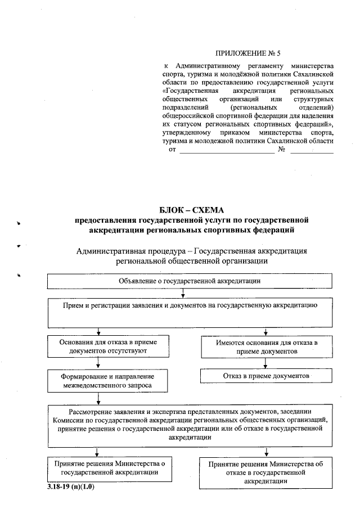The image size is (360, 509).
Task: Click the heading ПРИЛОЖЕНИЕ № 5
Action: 248,53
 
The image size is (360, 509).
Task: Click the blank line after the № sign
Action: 312,152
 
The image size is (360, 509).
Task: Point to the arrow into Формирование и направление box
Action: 100,363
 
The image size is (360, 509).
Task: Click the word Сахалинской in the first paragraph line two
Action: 313,74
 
